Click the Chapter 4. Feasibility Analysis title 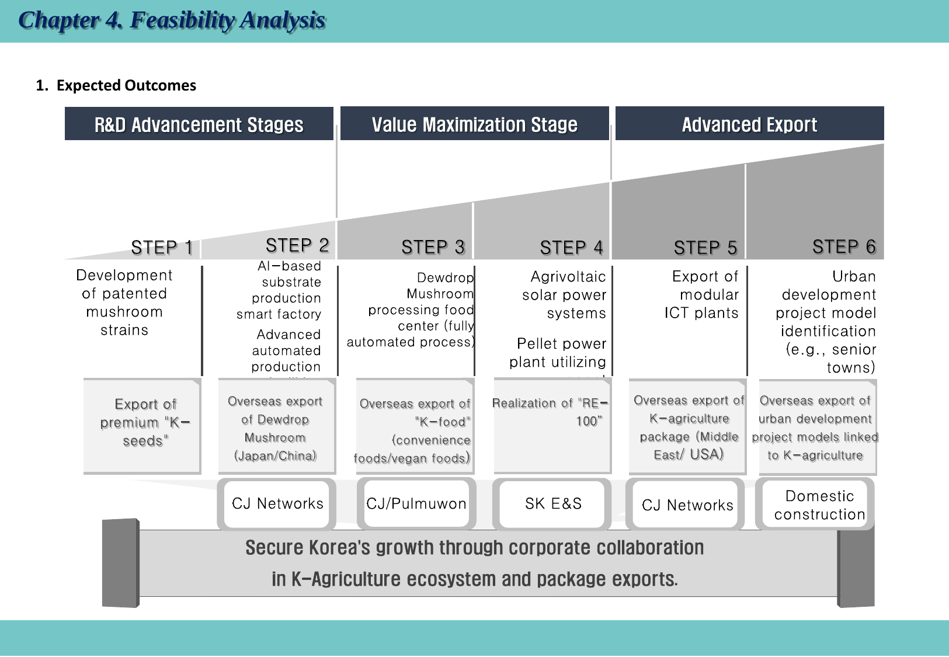point(172,20)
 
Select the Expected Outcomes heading point(116,85)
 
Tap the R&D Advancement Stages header point(199,124)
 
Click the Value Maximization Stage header point(474,124)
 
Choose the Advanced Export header point(749,124)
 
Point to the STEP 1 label point(162,248)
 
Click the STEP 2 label point(297,245)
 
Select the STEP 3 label point(433,248)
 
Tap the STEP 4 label point(571,248)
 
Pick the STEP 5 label point(705,248)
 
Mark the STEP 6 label point(844,247)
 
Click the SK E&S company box point(553,503)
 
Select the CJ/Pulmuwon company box point(416,503)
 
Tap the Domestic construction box point(819,505)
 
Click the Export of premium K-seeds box point(144,422)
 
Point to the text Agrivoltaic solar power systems point(564,295)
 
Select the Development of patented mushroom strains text point(124,302)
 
